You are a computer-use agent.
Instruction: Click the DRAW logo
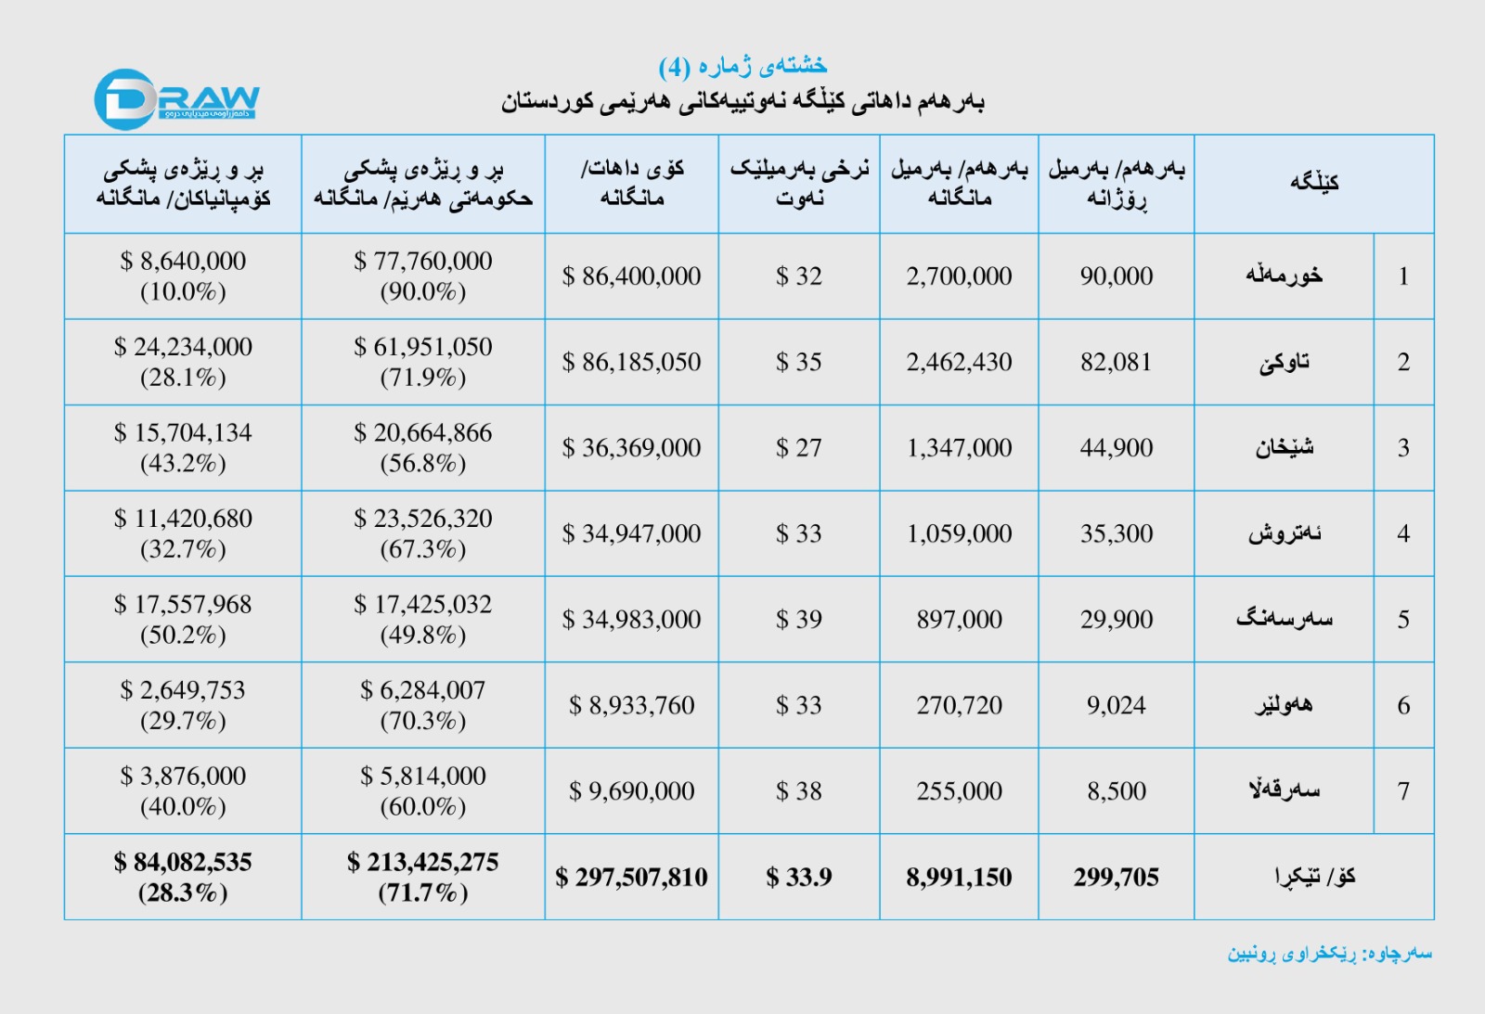coord(175,98)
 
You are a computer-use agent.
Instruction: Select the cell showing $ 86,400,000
coord(631,276)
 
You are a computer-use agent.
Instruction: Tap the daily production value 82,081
coord(1116,362)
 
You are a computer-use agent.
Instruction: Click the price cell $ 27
coord(798,448)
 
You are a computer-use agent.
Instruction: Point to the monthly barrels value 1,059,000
coord(959,533)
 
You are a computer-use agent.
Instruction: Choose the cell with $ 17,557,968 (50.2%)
coord(183,619)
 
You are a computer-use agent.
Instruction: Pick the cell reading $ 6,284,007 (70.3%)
coord(422,705)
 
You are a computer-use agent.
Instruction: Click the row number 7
coord(1403,791)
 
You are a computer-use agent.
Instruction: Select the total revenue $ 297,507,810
coord(631,877)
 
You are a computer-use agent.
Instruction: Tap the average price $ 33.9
coord(798,877)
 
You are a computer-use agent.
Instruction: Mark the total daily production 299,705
coord(1116,877)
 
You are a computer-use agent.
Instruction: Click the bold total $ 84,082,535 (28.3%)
coord(183,877)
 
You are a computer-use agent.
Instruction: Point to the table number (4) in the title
coord(675,67)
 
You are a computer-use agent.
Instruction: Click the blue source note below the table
coord(1329,954)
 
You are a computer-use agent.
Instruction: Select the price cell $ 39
coord(798,620)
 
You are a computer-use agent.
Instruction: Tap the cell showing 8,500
coord(1116,791)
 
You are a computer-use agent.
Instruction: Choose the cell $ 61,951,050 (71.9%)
coord(422,362)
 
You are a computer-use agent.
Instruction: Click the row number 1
coord(1403,276)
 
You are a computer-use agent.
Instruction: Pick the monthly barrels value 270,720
coord(959,705)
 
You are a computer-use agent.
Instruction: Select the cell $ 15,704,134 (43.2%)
coord(183,447)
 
